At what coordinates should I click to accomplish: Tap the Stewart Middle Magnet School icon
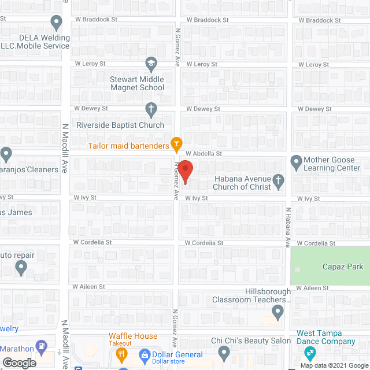[x=151, y=62]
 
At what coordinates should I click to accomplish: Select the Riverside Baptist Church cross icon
[x=151, y=109]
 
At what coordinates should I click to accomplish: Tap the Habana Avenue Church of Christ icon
[x=278, y=182]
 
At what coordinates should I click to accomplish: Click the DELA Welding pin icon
[x=56, y=24]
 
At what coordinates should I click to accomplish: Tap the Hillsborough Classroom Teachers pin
[x=278, y=314]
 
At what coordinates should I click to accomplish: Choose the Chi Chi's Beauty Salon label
[x=251, y=341]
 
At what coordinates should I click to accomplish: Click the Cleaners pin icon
[x=6, y=155]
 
